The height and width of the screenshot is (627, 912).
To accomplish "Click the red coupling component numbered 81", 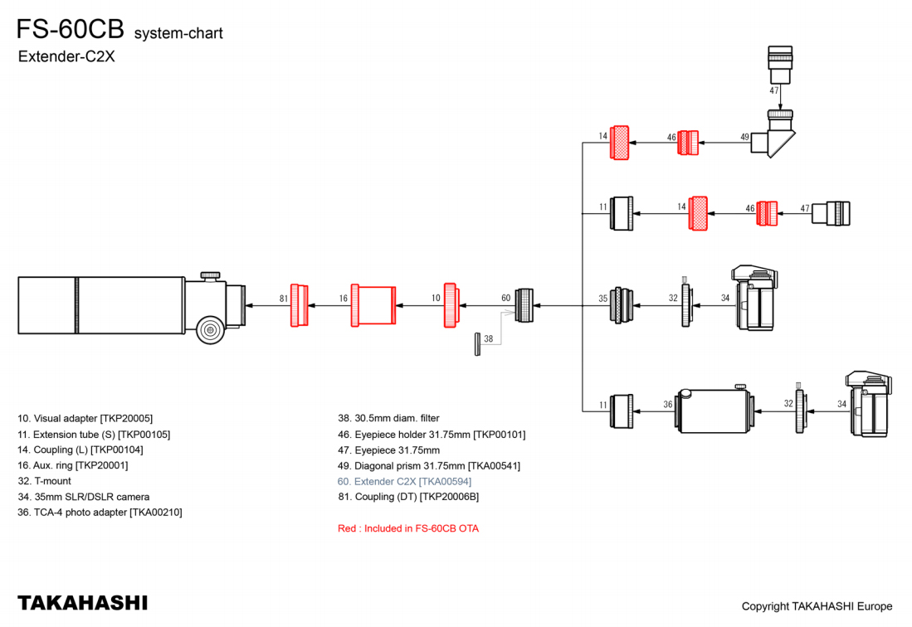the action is (299, 305).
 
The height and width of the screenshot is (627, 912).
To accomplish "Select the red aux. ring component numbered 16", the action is (373, 305).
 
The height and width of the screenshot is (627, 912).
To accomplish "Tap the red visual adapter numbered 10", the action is (451, 305).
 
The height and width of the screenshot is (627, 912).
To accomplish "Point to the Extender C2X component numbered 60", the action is (524, 305).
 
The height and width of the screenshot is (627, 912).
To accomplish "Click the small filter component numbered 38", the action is (477, 344).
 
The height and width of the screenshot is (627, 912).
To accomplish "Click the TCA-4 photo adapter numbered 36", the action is (714, 411).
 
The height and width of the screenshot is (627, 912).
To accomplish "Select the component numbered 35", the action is (622, 305).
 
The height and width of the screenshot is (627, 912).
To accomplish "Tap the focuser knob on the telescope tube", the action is (210, 330).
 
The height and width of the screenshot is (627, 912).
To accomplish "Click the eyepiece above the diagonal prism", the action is (780, 65).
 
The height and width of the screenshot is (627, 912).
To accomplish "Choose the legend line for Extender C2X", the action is (404, 481).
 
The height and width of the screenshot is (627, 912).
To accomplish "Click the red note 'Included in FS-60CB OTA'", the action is (408, 528).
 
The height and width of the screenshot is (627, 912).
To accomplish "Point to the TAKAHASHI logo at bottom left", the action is (83, 603).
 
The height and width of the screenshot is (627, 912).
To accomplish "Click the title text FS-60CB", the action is (71, 28).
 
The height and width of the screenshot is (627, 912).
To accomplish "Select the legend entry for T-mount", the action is (44, 481).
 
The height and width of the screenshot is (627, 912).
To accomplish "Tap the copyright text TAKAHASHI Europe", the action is (817, 606).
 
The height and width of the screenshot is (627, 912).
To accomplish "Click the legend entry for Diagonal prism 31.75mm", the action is (429, 465).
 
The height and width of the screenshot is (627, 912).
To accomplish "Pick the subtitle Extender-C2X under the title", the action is (66, 56).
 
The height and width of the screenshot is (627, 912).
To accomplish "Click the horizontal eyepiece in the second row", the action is (831, 213).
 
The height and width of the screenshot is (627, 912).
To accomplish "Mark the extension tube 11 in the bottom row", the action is (622, 411).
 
